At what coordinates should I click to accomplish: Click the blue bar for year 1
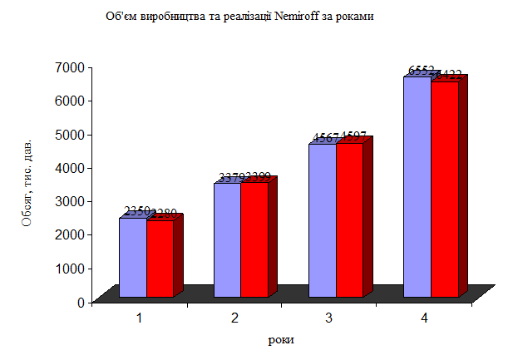(x=133, y=257)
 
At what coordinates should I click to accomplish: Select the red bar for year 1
(x=160, y=258)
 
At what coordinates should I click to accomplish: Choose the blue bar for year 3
(x=322, y=219)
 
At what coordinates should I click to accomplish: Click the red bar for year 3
(x=349, y=219)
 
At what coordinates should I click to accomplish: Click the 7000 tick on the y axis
(x=69, y=67)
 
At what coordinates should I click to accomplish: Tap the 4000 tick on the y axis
(x=69, y=167)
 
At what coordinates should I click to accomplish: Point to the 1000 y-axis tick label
(x=69, y=268)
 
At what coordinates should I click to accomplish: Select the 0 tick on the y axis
(x=81, y=302)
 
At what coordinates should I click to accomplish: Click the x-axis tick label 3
(x=329, y=318)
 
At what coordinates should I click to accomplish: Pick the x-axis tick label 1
(x=140, y=318)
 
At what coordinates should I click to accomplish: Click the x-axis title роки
(x=281, y=339)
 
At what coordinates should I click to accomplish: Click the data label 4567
(x=325, y=138)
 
